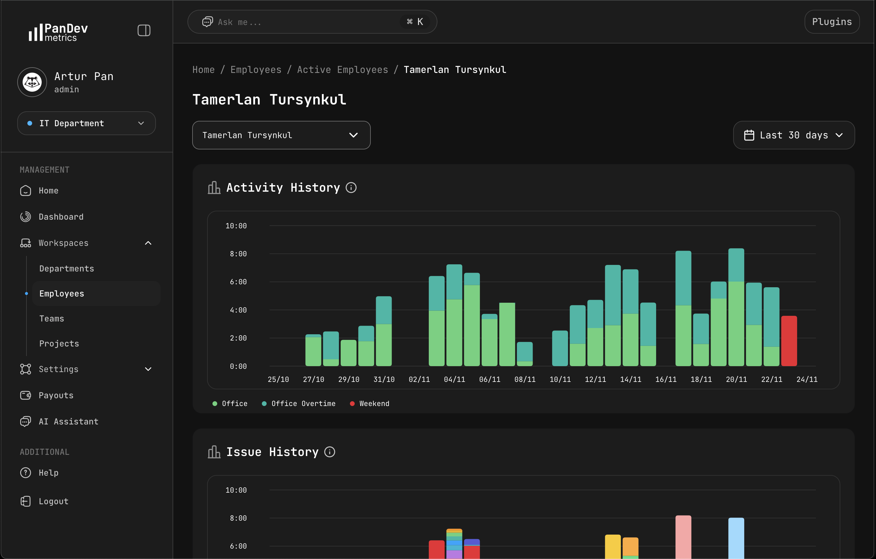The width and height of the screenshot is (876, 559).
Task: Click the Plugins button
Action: click(832, 22)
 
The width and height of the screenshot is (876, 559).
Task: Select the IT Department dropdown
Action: click(86, 123)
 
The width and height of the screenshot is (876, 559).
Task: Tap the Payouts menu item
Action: click(56, 395)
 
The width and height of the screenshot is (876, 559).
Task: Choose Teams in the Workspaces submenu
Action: click(52, 318)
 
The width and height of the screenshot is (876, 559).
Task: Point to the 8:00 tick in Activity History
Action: click(238, 254)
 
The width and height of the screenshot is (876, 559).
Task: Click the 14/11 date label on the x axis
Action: click(631, 379)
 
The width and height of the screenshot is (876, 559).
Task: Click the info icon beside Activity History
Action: click(351, 188)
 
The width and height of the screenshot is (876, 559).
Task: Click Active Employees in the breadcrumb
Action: click(342, 70)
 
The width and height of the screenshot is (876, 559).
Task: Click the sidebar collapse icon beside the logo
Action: click(144, 30)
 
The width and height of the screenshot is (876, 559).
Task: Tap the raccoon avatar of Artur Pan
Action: click(32, 82)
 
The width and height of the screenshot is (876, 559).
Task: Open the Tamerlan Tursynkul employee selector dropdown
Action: click(281, 135)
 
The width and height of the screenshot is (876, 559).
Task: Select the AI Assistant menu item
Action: click(68, 421)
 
